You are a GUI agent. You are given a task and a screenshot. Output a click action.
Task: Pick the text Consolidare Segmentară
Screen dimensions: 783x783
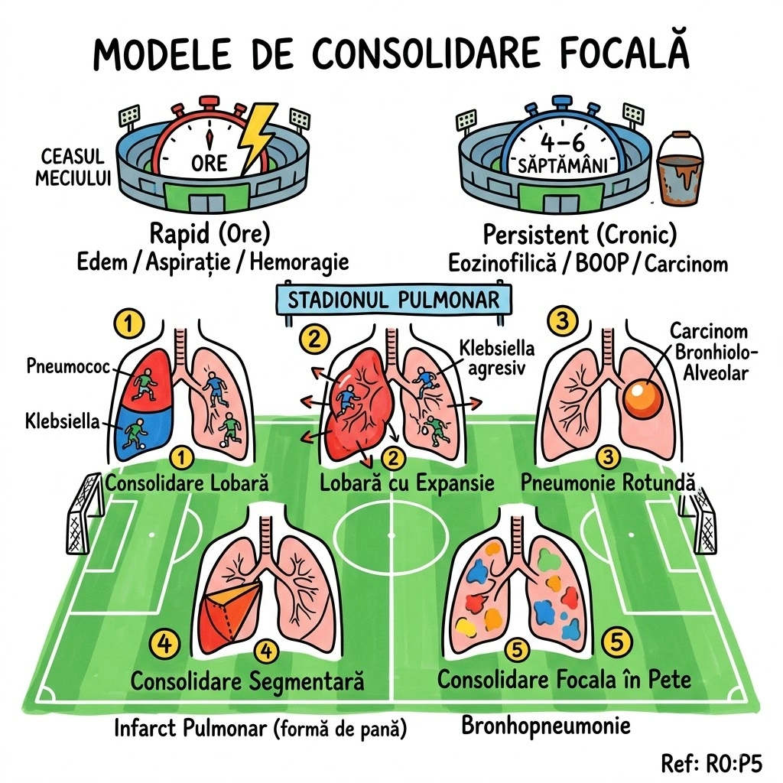coord(247,681)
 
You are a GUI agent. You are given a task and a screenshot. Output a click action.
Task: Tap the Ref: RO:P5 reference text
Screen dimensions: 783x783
coord(716,761)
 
